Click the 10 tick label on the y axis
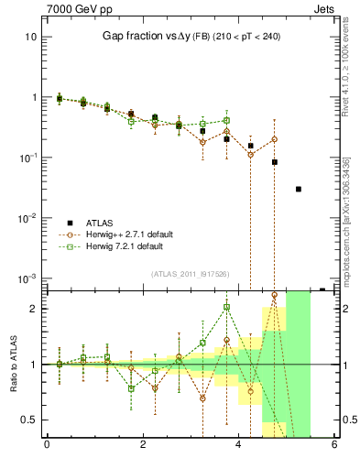[x=30, y=37]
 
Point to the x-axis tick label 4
[x=238, y=446]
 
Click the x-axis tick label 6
[x=334, y=446]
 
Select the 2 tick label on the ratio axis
[x=32, y=309]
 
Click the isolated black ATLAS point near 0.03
[x=299, y=190]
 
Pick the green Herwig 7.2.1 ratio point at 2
[x=226, y=307]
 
